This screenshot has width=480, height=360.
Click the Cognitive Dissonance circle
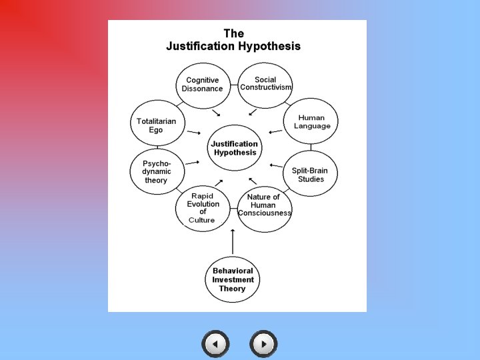click(203, 85)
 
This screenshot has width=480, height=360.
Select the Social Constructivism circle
click(265, 85)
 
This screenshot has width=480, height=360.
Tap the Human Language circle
click(311, 122)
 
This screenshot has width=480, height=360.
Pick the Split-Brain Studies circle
click(311, 174)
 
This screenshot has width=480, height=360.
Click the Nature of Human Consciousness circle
click(264, 207)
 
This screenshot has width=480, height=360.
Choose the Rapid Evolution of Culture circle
click(202, 207)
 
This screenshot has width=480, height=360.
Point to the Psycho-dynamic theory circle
click(156, 171)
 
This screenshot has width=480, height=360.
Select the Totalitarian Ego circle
click(157, 124)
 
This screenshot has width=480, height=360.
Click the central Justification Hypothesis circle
click(235, 148)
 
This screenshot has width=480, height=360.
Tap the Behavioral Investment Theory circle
click(233, 279)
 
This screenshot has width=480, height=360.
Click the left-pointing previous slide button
click(215, 344)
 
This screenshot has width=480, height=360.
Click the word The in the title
click(233, 33)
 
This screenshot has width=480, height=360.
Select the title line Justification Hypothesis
click(233, 47)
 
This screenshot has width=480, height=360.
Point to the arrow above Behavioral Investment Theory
click(233, 241)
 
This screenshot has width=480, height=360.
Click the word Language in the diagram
click(312, 127)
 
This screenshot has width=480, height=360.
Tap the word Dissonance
click(203, 89)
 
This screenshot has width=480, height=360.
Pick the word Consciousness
click(265, 213)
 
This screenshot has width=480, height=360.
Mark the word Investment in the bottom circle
click(233, 280)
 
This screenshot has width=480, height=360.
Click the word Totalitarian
click(157, 121)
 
